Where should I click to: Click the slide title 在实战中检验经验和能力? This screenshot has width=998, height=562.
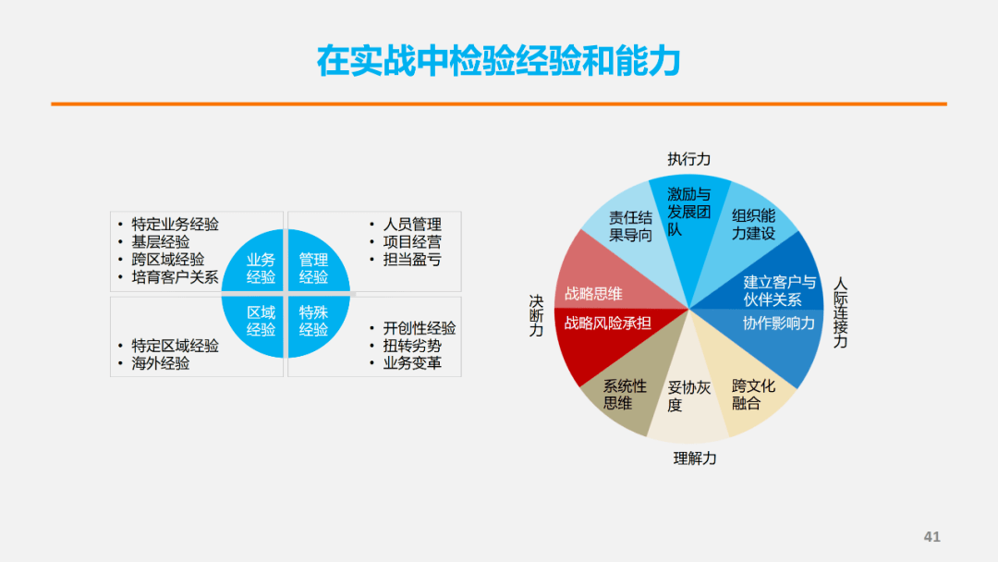pos(499,61)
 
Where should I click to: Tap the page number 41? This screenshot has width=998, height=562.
pos(931,536)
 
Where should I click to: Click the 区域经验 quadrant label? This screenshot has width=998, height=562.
pos(261,321)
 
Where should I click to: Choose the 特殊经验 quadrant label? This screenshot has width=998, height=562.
pos(313,321)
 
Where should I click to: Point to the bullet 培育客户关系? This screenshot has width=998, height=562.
pos(175,277)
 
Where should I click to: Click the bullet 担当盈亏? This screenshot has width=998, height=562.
pos(412,260)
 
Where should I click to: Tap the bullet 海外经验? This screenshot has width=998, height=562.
pos(161,363)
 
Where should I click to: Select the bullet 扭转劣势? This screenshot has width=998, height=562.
pos(412,346)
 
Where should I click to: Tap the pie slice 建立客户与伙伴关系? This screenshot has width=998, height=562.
pos(770,280)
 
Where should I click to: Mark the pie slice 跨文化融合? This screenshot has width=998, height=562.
pos(751,388)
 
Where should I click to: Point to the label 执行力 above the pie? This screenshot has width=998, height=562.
pos(688,159)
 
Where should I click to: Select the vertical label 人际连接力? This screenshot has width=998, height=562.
pos(840,312)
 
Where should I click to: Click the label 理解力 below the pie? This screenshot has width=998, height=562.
pos(695,458)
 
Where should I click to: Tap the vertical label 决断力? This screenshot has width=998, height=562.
pos(537,316)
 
